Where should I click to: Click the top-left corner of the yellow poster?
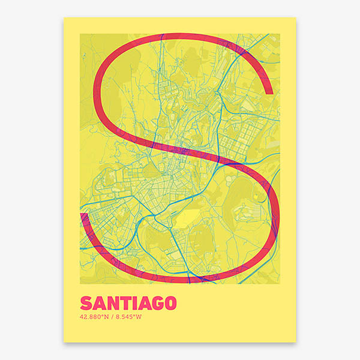pyautogui.click(x=64, y=17)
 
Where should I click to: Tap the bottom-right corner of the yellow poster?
pyautogui.click(x=296, y=343)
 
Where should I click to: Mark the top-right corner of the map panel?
pyautogui.click(x=280, y=34)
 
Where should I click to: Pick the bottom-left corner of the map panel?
pyautogui.click(x=80, y=284)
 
